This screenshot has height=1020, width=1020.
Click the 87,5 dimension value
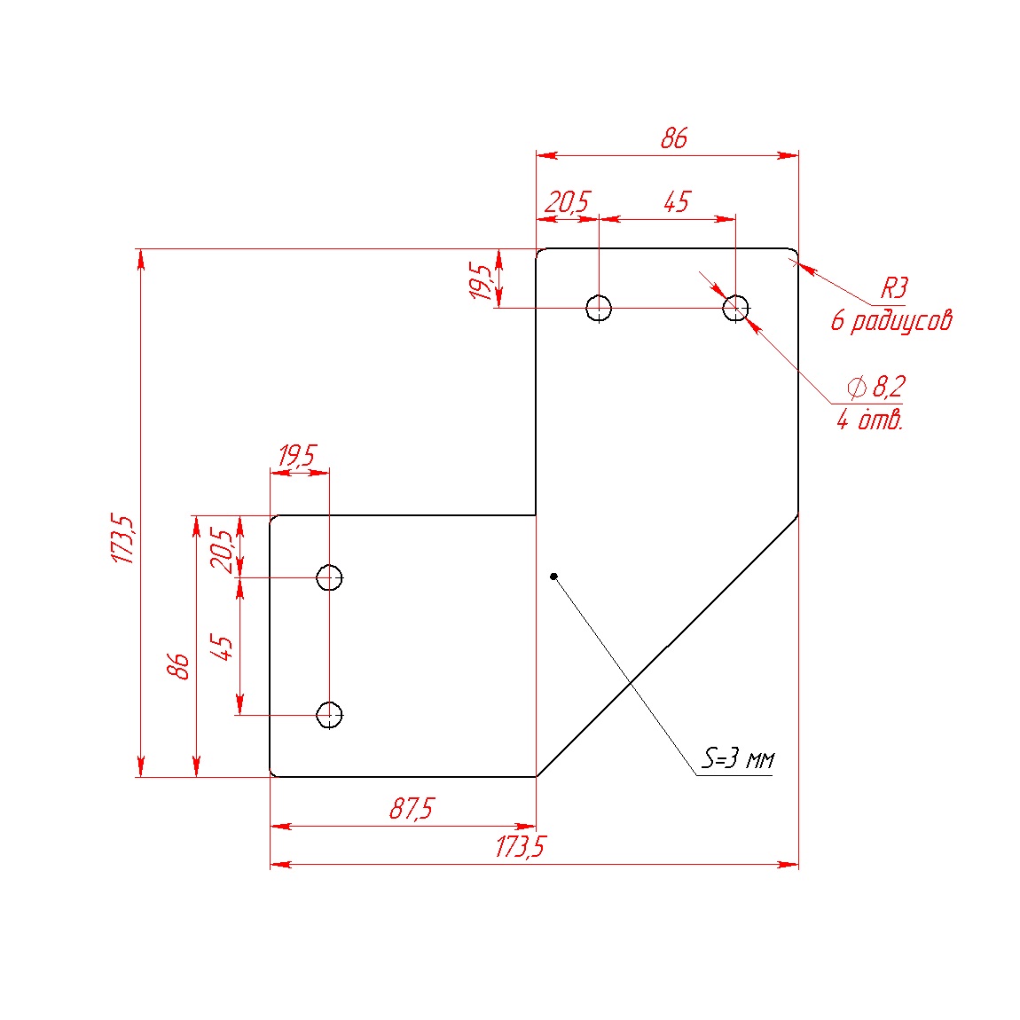(x=412, y=809)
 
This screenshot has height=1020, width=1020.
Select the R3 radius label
(x=894, y=288)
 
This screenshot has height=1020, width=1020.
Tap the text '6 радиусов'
(x=891, y=321)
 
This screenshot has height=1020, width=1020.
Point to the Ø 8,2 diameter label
(x=875, y=387)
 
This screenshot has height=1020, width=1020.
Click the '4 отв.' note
(x=870, y=420)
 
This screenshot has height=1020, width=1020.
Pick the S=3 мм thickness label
(x=738, y=758)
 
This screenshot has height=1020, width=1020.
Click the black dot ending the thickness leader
(x=553, y=577)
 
